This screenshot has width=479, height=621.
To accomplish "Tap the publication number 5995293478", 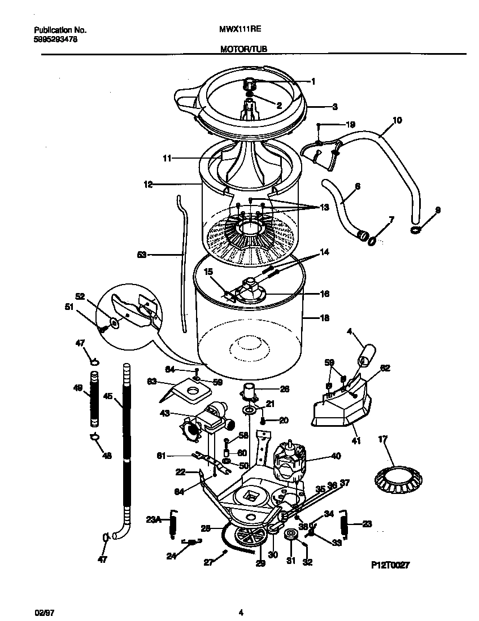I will pos(52,40).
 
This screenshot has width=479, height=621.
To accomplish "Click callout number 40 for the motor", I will pos(336,456).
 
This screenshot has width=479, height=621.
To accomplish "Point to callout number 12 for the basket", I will pos(149,184).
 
